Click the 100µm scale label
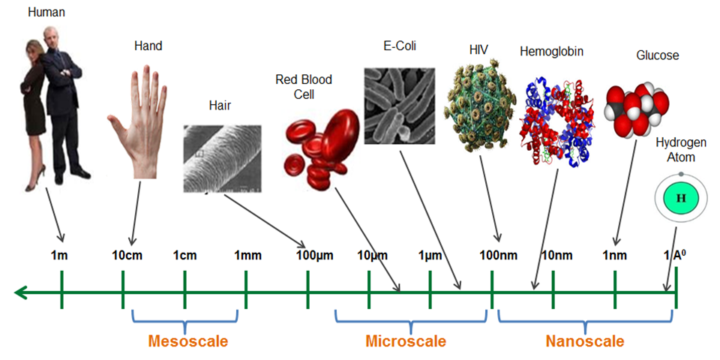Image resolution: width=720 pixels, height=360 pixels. (x=315, y=256)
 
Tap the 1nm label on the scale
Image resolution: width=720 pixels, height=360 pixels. (x=614, y=256)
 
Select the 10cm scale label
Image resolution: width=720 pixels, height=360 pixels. (x=127, y=256)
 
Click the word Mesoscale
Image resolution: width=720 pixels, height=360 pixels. (x=187, y=342)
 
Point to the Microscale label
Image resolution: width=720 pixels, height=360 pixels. (x=406, y=342)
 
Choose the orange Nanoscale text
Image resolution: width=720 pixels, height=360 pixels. (x=585, y=342)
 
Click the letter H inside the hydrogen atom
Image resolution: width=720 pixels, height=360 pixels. (x=681, y=197)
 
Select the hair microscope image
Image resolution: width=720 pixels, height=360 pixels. (x=222, y=157)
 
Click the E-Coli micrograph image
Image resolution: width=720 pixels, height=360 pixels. (x=399, y=106)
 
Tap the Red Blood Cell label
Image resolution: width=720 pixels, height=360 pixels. (x=304, y=86)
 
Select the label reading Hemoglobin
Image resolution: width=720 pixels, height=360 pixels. (x=551, y=52)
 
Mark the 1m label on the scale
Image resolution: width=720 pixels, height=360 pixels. (x=59, y=256)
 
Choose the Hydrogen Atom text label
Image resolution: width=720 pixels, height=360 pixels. (x=676, y=150)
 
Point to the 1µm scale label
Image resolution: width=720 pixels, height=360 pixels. (x=429, y=256)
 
